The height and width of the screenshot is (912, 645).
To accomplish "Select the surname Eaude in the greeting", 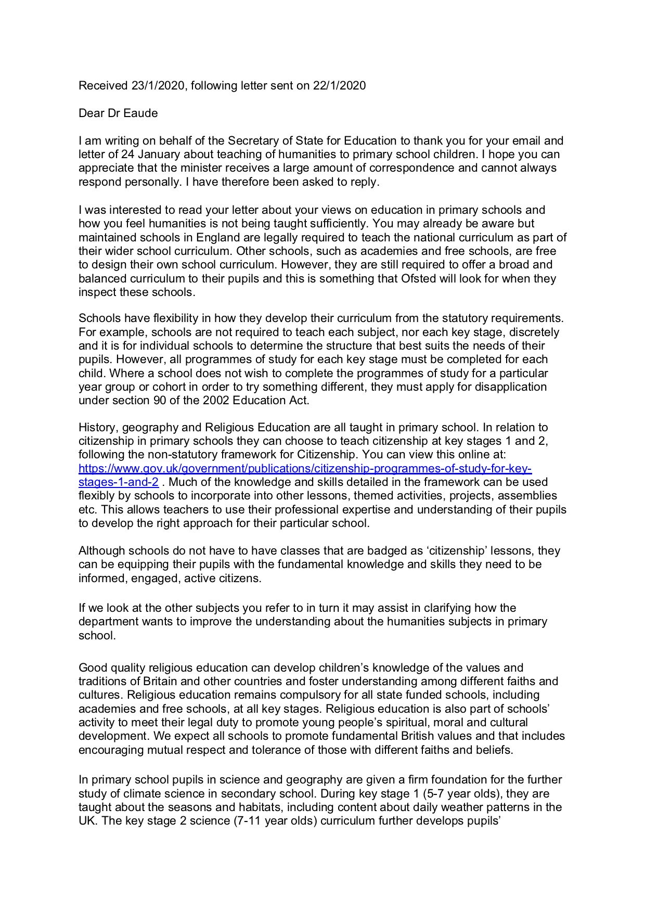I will tap(140, 113).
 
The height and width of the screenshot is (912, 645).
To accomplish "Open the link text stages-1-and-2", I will tap(119, 482).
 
